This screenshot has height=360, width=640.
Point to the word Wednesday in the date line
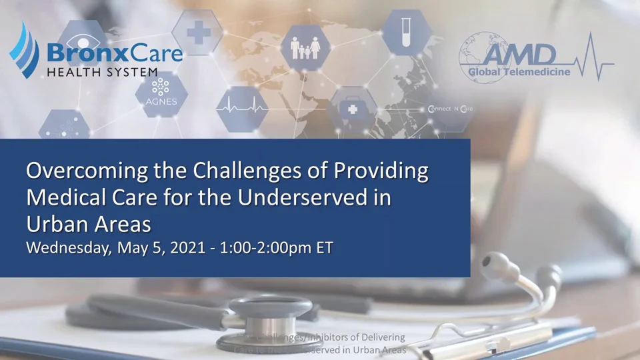click(x=69, y=248)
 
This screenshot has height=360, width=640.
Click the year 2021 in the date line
click(x=187, y=248)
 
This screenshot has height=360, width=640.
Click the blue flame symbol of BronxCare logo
click(x=24, y=50)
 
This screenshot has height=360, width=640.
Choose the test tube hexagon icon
click(x=405, y=33)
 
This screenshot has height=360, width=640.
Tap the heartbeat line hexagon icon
click(x=243, y=107)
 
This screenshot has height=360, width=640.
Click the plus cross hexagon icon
click(x=197, y=32)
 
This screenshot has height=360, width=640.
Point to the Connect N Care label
click(x=451, y=109)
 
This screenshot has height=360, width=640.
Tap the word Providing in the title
click(x=381, y=171)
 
